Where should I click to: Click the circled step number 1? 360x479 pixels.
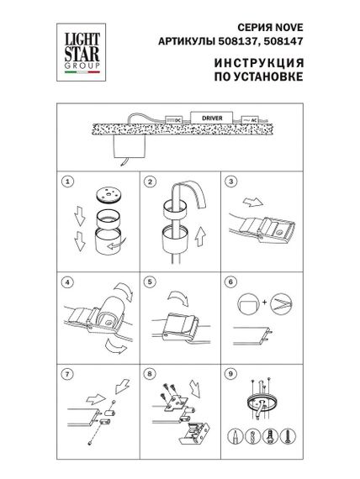[67, 182]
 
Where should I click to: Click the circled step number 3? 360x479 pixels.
[230, 182]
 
